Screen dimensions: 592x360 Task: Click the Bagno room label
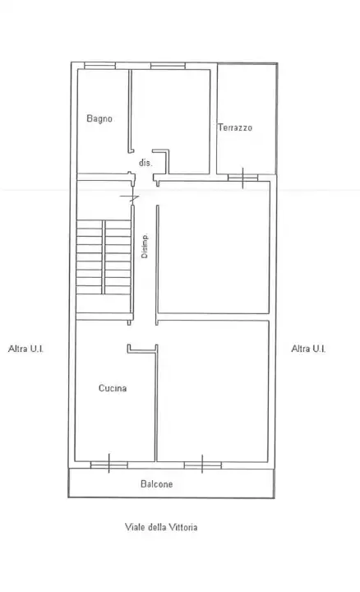point(99,118)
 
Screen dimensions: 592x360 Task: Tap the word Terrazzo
point(235,128)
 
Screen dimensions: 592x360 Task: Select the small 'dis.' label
point(145,163)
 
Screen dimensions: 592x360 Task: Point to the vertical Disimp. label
point(145,247)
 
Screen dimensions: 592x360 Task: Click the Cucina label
point(112,389)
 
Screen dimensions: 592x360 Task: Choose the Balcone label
point(156,484)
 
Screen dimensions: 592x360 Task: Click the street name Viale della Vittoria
point(161,527)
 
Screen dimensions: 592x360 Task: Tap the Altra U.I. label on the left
point(25,349)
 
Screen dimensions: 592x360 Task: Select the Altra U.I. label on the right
point(309,349)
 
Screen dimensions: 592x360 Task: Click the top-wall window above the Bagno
point(99,66)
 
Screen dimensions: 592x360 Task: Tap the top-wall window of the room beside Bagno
point(164,66)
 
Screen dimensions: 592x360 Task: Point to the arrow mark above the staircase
point(127,197)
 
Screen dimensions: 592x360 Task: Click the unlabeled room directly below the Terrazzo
point(214,247)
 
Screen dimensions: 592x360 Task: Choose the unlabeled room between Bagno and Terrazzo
point(173,119)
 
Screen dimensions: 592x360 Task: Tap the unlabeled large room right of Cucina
point(214,391)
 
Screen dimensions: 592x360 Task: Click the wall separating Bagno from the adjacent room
point(129,111)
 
